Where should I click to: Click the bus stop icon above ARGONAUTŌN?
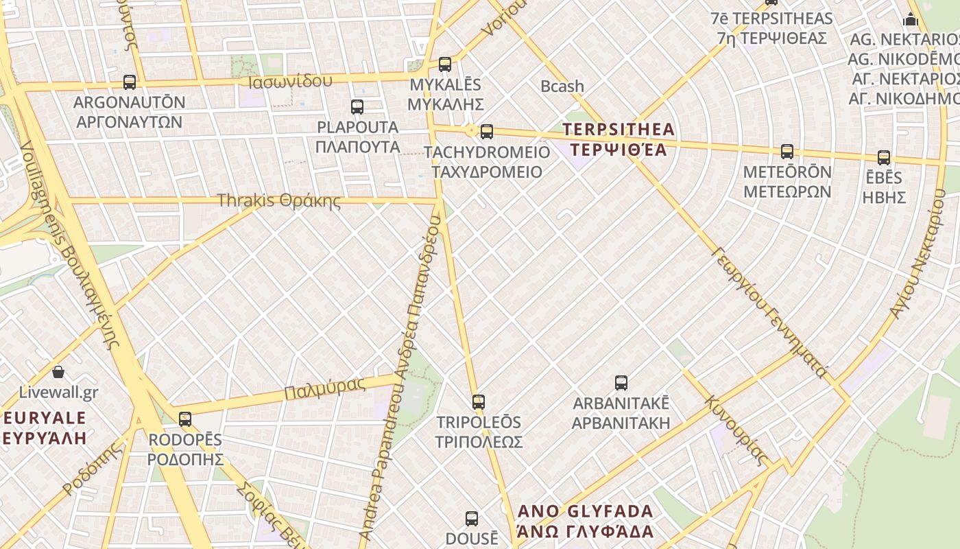[130, 82]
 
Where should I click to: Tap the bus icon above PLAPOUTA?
[357, 107]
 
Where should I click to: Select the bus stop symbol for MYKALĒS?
[445, 65]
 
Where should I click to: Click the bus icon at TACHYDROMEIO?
[487, 131]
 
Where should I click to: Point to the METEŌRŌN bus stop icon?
[787, 152]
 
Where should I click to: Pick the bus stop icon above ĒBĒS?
[884, 158]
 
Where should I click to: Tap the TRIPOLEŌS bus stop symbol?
[479, 402]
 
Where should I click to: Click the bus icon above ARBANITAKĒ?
[621, 383]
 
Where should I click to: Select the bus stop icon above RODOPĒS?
[185, 419]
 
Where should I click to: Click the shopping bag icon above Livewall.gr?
[58, 373]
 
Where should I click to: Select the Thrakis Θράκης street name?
[278, 201]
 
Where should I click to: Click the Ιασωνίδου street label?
[291, 82]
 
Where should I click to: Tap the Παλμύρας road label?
[324, 388]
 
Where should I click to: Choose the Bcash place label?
[562, 86]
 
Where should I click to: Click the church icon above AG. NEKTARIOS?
[911, 19]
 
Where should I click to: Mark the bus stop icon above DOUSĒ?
[472, 519]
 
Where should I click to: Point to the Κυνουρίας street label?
[735, 430]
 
